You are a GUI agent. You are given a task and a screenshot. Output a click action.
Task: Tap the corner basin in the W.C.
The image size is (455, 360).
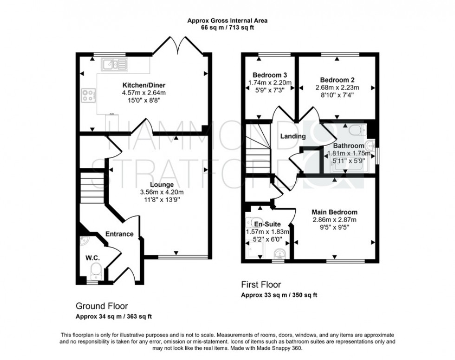pos(84,241)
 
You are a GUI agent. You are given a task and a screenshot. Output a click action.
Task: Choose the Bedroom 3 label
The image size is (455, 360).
pos(269,75)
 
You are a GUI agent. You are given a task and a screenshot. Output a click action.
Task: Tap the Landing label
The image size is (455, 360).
pos(292,136)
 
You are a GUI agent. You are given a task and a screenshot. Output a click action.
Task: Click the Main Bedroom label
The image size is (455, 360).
pos(334,212)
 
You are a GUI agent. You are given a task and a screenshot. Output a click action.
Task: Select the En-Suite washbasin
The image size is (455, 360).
pos(279,254)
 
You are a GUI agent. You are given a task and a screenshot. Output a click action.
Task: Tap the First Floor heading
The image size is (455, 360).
pos(261,284)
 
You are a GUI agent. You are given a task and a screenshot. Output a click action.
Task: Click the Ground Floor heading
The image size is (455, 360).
pos(102,306)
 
